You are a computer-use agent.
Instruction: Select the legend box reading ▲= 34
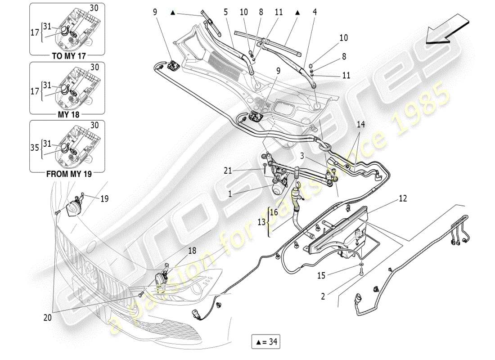pos(265,342)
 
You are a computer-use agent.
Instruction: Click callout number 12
pos(402,198)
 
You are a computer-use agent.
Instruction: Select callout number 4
pos(315,12)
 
